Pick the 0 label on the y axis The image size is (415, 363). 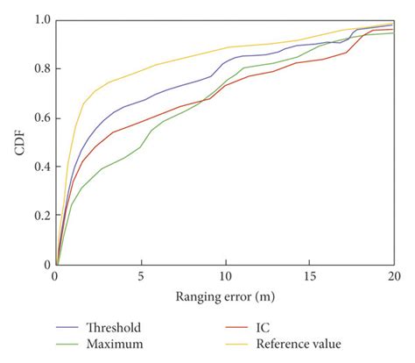46,264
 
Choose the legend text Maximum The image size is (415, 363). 114,344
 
